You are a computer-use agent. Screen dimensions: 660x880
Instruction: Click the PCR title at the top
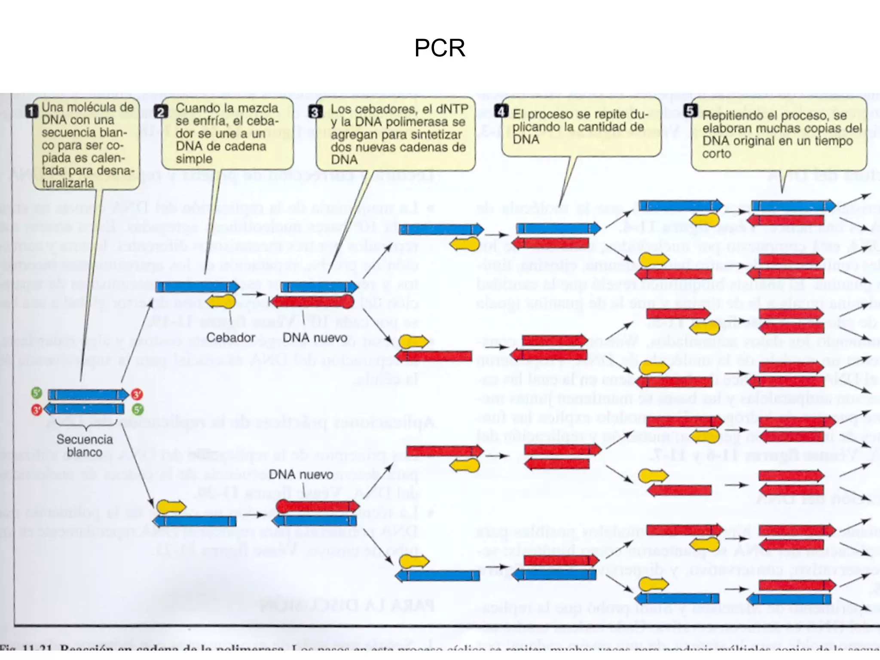pyautogui.click(x=440, y=48)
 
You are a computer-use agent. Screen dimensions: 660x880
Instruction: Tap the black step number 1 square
pyautogui.click(x=32, y=112)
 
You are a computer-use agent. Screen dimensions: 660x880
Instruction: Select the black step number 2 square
pyautogui.click(x=161, y=112)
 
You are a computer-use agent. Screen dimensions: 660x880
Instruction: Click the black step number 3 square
pyautogui.click(x=315, y=112)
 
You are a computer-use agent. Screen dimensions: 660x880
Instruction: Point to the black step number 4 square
pyautogui.click(x=501, y=111)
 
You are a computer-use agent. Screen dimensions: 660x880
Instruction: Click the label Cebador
pyautogui.click(x=231, y=338)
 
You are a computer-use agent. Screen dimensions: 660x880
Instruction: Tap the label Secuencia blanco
pyautogui.click(x=85, y=446)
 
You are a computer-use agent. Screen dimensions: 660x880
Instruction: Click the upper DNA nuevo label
pyautogui.click(x=315, y=338)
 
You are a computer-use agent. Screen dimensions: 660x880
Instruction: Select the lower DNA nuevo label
pyautogui.click(x=301, y=474)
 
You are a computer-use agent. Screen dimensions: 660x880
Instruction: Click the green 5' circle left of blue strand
pyautogui.click(x=37, y=393)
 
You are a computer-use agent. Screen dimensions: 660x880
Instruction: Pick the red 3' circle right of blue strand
pyautogui.click(x=137, y=394)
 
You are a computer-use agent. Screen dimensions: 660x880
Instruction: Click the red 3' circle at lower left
pyautogui.click(x=37, y=410)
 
